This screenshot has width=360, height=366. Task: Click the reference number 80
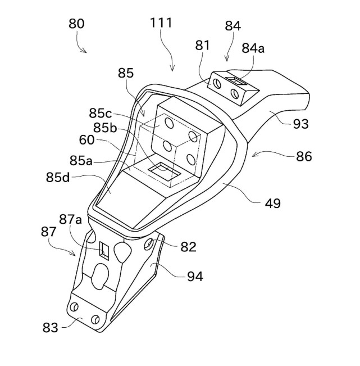tap(76, 24)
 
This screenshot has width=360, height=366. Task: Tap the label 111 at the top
tap(161, 23)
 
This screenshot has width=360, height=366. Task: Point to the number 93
tap(300, 124)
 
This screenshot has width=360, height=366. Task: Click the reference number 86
tap(303, 157)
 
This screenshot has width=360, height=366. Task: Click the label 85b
tap(106, 128)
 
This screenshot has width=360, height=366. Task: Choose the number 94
tap(194, 276)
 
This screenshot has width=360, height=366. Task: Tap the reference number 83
tap(50, 327)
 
